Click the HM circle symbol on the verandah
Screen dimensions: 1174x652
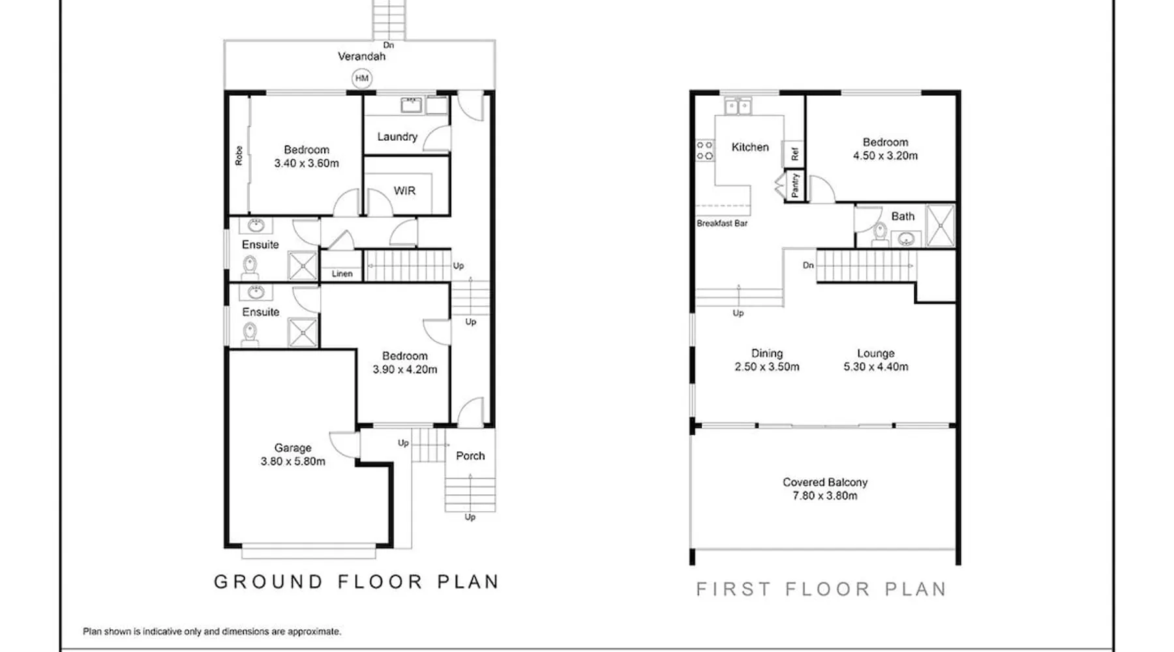362,78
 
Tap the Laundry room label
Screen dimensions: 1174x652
397,137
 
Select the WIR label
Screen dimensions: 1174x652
404,191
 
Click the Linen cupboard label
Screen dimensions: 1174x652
342,274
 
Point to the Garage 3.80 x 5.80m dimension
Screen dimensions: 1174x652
293,462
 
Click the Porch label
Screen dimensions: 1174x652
470,456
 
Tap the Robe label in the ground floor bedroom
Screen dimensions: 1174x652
239,155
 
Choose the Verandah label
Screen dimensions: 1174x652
361,56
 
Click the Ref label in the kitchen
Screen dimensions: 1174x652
794,154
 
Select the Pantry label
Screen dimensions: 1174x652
794,185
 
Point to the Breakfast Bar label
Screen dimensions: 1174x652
722,223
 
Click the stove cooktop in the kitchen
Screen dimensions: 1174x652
704,151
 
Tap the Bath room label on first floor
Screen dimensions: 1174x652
903,216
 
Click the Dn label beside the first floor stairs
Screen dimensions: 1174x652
808,265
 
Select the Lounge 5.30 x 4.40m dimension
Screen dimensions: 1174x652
876,367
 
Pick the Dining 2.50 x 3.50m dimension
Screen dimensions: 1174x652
767,367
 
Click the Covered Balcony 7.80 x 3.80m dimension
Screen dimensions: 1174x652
825,496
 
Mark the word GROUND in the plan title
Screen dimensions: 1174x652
269,582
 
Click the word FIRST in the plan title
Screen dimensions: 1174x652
734,589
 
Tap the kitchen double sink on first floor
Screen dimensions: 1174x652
738,106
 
